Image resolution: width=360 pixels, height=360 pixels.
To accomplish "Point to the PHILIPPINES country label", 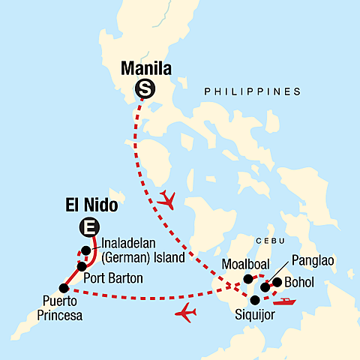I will coord(252,91).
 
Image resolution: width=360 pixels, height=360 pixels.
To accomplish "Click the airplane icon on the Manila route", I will coord(169,200).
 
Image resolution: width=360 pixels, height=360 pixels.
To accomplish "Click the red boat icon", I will coord(286,302).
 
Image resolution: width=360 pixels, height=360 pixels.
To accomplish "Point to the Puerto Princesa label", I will coord(57,310).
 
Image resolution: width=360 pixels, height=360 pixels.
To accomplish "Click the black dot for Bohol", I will coord(277,283).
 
